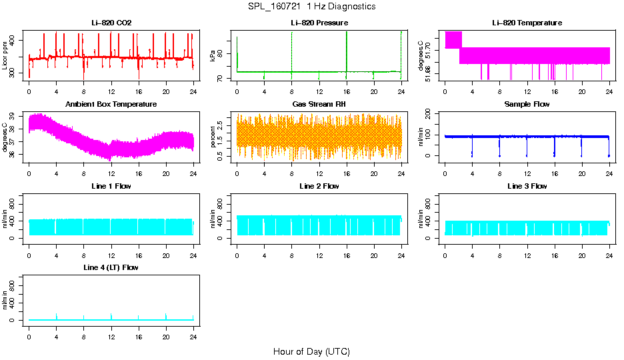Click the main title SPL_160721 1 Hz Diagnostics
click(311, 7)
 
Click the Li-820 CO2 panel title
click(111, 23)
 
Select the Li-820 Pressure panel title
click(319, 23)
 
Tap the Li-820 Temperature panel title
click(527, 23)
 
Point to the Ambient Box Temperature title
click(111, 105)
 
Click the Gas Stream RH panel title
click(319, 105)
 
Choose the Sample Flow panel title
click(527, 105)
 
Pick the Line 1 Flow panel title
click(111, 186)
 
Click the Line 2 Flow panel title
click(319, 186)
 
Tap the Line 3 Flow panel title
click(527, 186)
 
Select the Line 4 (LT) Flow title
click(111, 267)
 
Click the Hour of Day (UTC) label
click(311, 351)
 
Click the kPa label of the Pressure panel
click(213, 56)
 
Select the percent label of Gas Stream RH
click(213, 136)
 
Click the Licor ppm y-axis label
click(5, 56)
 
